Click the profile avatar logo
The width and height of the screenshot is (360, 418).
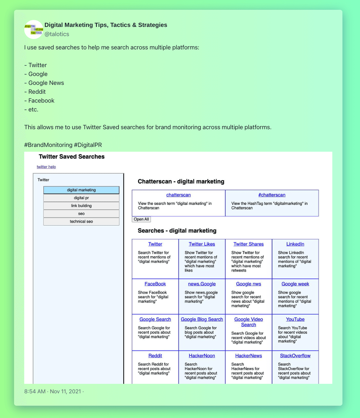point(34,29)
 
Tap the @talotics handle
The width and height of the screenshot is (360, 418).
point(57,34)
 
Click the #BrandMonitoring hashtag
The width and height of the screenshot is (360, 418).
point(48,145)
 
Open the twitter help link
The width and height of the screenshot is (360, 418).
point(46,167)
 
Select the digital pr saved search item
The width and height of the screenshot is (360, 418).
point(81,198)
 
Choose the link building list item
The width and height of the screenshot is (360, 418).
point(81,206)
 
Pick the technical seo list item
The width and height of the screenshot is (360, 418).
point(81,222)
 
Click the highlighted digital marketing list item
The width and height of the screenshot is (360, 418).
point(81,190)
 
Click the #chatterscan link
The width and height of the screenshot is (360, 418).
point(272,195)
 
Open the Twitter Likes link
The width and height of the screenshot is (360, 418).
point(202,244)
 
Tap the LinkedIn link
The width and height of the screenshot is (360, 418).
point(295,244)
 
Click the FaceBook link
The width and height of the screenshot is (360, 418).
point(155,284)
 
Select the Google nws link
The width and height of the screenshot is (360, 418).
point(249,284)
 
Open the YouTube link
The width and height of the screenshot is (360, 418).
point(295,320)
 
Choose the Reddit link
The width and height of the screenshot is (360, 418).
point(155,356)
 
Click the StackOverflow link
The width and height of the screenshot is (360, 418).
point(295,356)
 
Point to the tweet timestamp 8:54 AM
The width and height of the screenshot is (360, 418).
point(35,391)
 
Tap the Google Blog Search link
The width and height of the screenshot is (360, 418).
point(202,320)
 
